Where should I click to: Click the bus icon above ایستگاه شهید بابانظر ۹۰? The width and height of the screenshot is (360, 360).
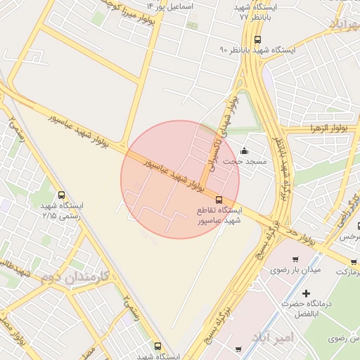click(x=257, y=39)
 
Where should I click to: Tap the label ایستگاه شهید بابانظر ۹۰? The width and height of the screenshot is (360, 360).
click(x=257, y=51)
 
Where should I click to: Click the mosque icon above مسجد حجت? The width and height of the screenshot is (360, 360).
click(x=244, y=150)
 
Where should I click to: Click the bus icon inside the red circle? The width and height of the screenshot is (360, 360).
click(x=219, y=200)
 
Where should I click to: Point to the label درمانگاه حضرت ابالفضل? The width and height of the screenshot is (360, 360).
click(x=307, y=309)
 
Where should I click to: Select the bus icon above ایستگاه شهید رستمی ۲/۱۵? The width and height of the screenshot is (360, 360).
click(x=62, y=195)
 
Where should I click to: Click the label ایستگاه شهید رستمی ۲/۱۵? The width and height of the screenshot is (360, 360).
click(x=62, y=211)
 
